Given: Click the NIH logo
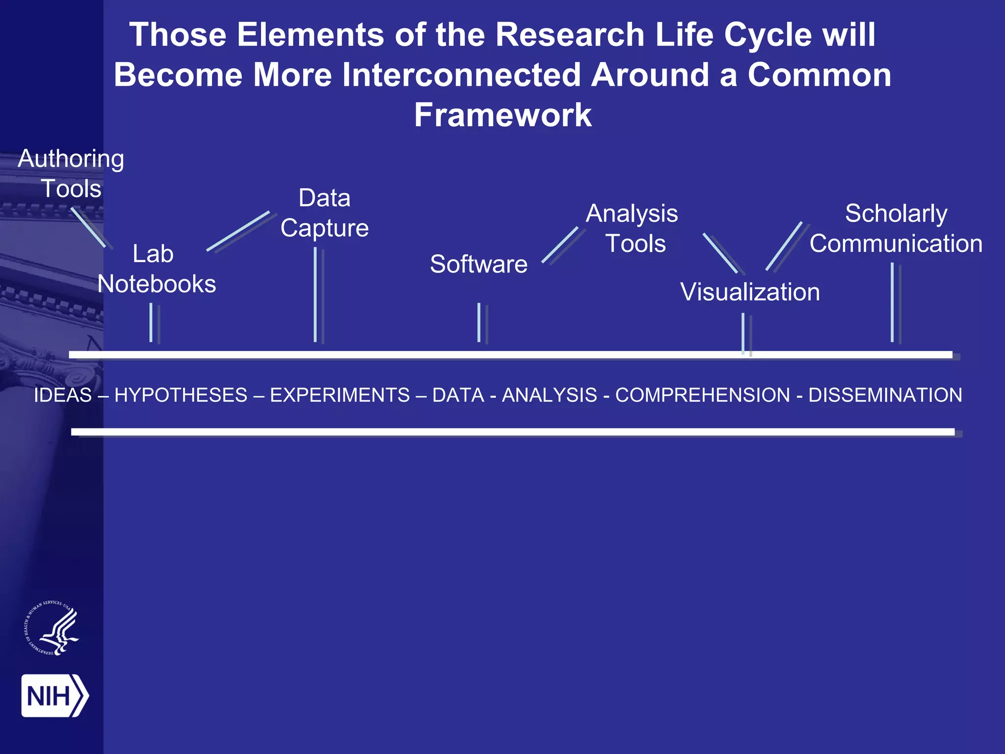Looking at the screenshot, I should tap(54, 696).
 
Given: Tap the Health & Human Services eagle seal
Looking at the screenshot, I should tap(52, 628).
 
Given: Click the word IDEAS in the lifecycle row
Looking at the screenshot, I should tap(63, 395).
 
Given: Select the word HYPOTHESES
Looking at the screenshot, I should tap(181, 395).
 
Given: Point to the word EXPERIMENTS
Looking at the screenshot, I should tap(340, 395).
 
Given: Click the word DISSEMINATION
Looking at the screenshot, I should tap(885, 395).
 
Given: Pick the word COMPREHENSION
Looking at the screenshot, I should tap(702, 395).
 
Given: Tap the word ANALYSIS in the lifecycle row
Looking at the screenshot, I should tap(549, 395).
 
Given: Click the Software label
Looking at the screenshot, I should tap(478, 264).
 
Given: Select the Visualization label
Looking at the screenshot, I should tap(750, 292).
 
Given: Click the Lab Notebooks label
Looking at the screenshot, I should tap(156, 269).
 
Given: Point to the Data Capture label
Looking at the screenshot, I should tap(324, 213).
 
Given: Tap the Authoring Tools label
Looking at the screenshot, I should tap(71, 173).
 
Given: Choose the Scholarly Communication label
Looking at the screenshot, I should tap(896, 228).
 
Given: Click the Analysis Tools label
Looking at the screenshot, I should tap(633, 228).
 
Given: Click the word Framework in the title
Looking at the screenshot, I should tap(502, 115).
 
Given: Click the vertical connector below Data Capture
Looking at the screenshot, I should tap(316, 295).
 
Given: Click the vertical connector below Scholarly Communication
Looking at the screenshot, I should tap(892, 302).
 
